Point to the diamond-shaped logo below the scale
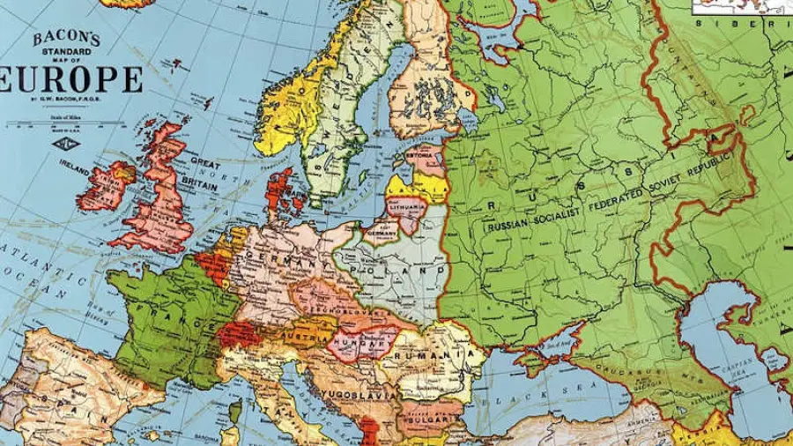(65, 142)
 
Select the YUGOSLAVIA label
(352, 393)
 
